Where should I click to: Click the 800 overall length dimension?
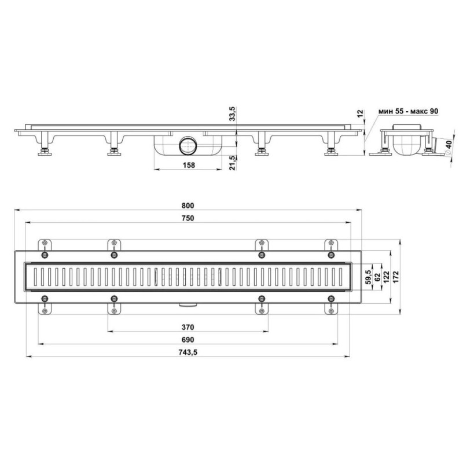coord(188,205)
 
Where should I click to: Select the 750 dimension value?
coord(188,218)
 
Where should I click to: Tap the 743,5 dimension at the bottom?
coord(188,352)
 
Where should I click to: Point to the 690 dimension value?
coord(188,340)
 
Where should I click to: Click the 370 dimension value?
coord(188,327)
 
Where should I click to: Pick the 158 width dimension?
coord(189,165)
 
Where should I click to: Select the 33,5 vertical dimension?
coord(233,113)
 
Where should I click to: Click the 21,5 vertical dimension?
coord(233,163)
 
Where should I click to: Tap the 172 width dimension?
coord(396,277)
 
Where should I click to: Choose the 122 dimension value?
coord(386,277)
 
